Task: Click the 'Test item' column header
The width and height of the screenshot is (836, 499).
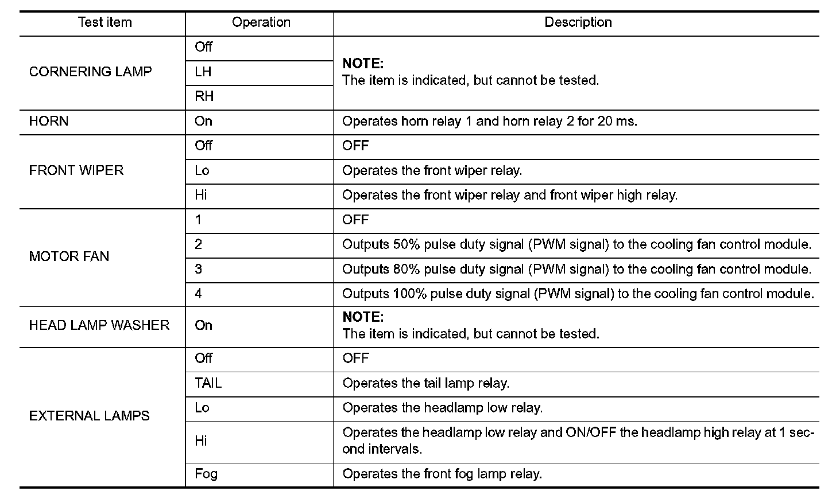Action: click(x=104, y=22)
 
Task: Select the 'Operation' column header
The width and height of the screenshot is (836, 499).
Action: click(x=261, y=22)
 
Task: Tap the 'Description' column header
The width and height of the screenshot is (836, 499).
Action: click(x=578, y=22)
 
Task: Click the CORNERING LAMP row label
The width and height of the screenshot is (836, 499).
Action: click(x=90, y=72)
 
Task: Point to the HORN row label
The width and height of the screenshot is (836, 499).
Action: click(x=49, y=121)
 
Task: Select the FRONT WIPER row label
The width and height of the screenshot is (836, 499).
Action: click(x=76, y=170)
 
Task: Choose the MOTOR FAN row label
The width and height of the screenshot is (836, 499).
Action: click(x=69, y=256)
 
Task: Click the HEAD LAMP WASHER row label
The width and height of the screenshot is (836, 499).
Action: click(x=99, y=325)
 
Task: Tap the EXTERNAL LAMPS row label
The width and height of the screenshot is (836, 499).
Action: click(x=89, y=416)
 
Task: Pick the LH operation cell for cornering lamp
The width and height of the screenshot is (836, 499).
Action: click(x=203, y=72)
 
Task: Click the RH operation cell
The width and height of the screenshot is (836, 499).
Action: click(x=204, y=96)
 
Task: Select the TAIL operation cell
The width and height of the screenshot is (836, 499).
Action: click(x=208, y=383)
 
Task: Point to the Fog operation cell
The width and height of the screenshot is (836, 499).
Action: click(x=206, y=474)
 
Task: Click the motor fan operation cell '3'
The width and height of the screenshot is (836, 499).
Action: click(x=199, y=269)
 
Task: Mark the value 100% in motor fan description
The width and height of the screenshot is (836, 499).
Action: click(x=409, y=294)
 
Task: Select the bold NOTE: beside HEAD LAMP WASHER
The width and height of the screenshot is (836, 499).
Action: click(x=363, y=317)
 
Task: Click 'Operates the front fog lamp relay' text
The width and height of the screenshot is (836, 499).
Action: click(x=442, y=474)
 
